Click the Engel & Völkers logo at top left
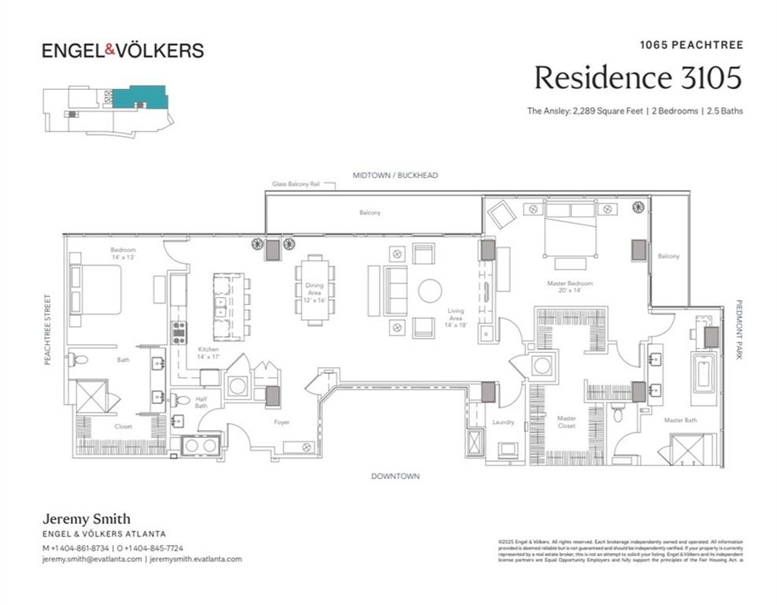(x=122, y=50)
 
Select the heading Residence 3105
(x=638, y=78)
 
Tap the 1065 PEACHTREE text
(x=690, y=45)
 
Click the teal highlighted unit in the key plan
(x=139, y=97)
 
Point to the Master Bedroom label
(x=570, y=287)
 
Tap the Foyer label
(x=281, y=422)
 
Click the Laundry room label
(x=503, y=422)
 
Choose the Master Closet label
(x=566, y=422)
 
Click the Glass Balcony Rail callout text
(x=296, y=184)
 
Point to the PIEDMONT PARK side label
(x=739, y=329)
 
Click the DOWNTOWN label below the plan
(x=395, y=476)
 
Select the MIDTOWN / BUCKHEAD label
(x=394, y=175)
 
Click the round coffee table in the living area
(x=430, y=291)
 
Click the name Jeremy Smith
(x=86, y=519)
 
